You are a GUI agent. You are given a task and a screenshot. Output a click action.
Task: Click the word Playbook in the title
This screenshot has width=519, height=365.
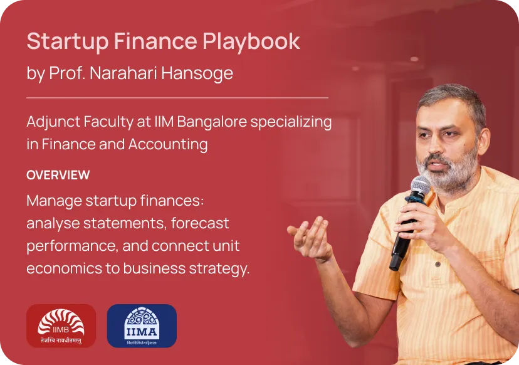(x=251, y=42)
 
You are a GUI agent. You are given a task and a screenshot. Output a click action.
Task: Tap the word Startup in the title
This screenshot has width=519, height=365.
(x=68, y=42)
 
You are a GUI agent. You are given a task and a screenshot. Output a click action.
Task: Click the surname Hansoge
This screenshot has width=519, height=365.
(x=197, y=74)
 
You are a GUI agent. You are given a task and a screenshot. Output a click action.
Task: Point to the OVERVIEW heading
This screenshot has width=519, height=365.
(x=58, y=175)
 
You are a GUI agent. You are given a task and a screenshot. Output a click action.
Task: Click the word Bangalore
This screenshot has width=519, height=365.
(x=212, y=122)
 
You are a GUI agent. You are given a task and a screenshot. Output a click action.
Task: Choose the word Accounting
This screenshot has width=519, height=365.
(x=168, y=145)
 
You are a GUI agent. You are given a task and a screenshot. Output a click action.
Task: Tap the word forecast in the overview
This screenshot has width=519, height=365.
(x=200, y=223)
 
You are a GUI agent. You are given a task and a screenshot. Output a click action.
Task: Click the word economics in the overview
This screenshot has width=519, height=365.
(x=64, y=268)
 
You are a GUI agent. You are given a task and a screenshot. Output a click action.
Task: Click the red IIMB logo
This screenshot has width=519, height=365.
(x=61, y=326)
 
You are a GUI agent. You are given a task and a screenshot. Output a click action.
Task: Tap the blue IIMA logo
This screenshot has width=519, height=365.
(x=142, y=326)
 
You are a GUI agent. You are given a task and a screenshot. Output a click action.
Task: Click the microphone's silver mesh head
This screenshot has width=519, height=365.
(x=421, y=186)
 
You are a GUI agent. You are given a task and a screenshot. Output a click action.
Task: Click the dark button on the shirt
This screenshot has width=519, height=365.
(x=438, y=264)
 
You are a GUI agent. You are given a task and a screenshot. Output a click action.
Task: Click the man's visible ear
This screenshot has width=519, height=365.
(x=483, y=140)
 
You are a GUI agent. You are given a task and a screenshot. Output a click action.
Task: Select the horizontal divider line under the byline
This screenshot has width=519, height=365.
(x=177, y=98)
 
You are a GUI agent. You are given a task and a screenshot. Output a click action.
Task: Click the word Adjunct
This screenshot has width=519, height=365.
(x=53, y=122)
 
